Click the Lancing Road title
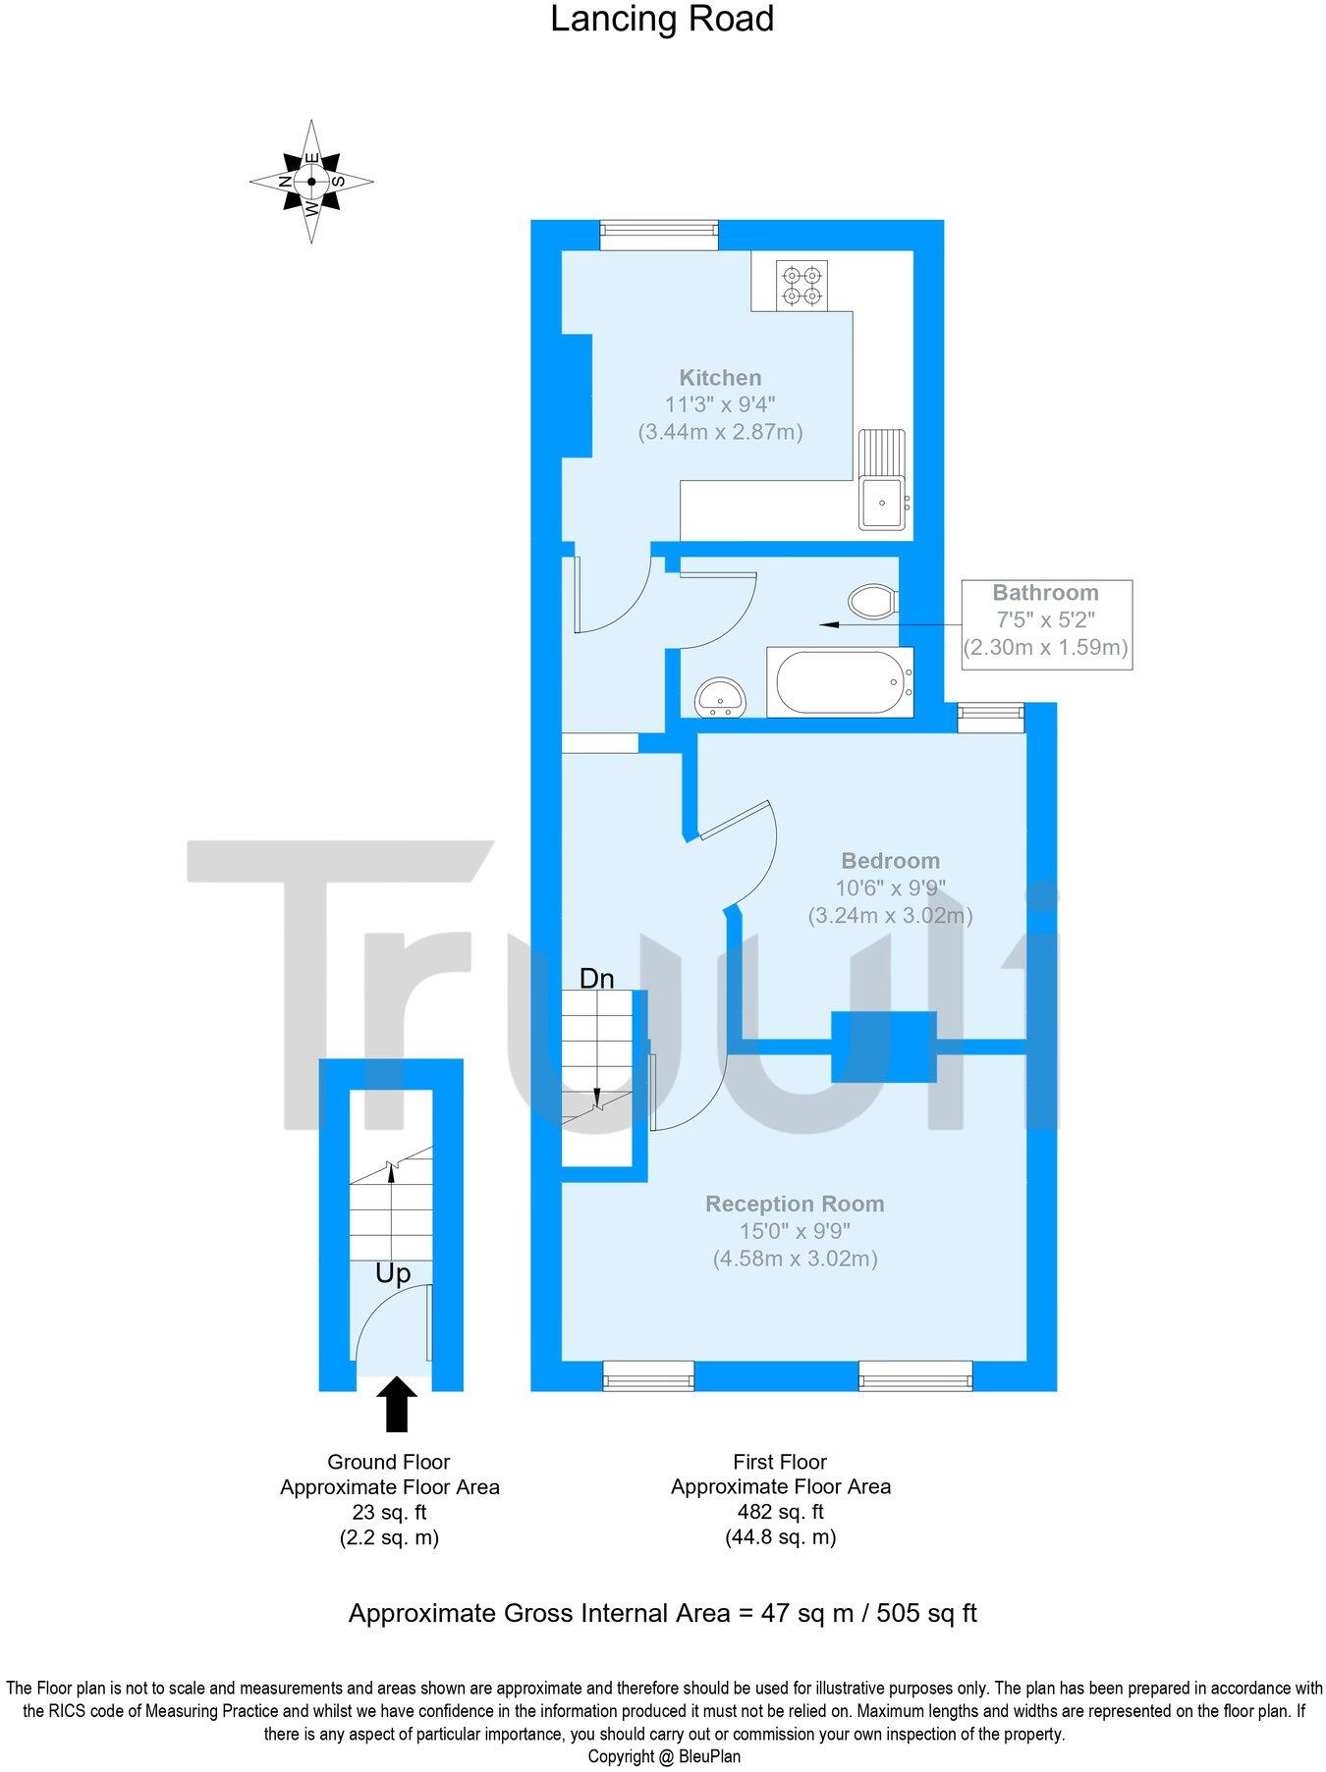661,20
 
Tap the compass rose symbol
311,182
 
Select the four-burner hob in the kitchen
801,285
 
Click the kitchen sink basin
880,502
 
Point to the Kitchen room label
720,378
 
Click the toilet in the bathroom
871,601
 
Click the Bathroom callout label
1045,593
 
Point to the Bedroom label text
890,861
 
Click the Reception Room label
795,1204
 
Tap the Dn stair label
596,979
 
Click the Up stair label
393,1273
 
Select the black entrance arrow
397,1404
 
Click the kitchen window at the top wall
659,233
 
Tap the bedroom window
990,717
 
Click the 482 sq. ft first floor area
780,1512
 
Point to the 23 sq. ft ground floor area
389,1512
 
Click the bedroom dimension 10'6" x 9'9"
890,888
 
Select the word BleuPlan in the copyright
709,1756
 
